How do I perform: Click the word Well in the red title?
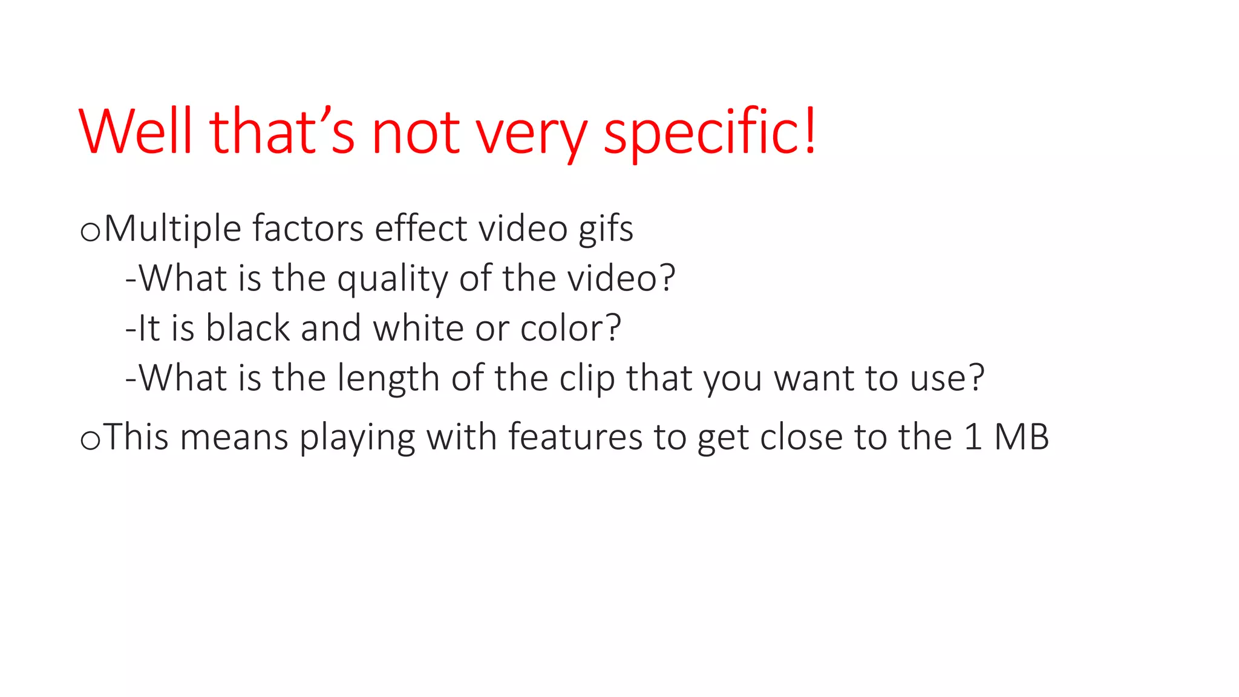tap(136, 131)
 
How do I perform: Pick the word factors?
tap(308, 229)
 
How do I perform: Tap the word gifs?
tap(606, 230)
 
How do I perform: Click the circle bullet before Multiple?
tap(90, 232)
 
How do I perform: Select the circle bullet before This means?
tap(90, 440)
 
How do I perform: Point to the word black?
tap(248, 328)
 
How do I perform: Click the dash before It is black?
tap(131, 330)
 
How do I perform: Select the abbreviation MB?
tap(1021, 437)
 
